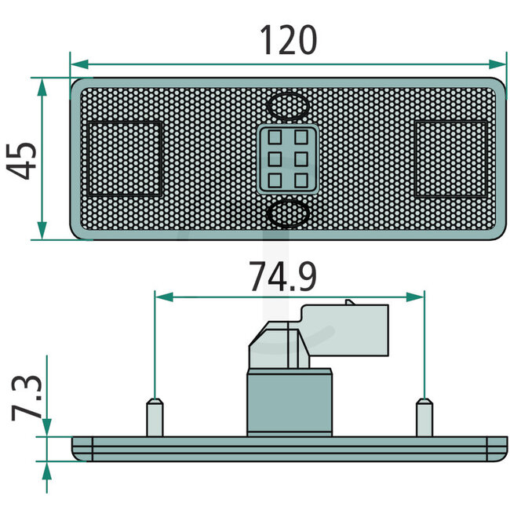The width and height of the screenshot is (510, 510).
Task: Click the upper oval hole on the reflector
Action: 287,104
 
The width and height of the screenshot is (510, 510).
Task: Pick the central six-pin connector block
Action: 287,158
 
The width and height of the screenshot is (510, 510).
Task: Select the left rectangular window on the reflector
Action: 125,158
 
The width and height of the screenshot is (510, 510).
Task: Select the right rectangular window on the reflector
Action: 451,158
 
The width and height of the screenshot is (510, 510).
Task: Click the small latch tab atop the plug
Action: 349,301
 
